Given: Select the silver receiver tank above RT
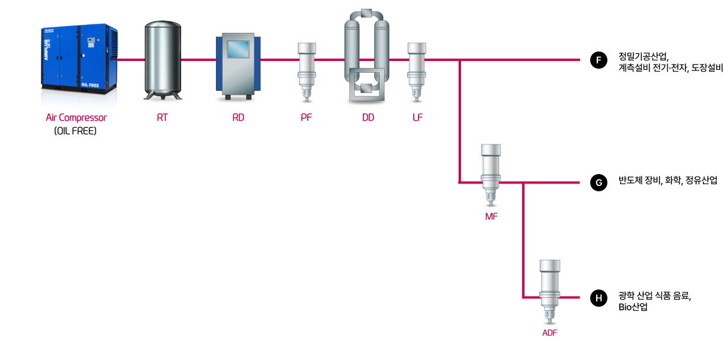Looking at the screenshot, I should click(162, 59).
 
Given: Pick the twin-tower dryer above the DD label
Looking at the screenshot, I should click(368, 56).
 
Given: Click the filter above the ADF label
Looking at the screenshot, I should click(549, 290).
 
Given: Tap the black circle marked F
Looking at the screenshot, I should click(598, 60).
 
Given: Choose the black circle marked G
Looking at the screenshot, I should click(598, 182).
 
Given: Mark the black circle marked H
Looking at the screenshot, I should click(598, 298).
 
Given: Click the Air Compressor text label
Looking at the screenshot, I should click(76, 118).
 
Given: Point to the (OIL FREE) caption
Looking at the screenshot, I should click(75, 131).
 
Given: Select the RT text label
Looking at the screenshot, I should click(162, 118).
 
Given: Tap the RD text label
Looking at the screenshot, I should click(238, 118).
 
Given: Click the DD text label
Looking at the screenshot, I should click(368, 118).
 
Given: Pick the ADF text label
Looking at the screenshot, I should click(549, 333).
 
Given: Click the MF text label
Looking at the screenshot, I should click(491, 217).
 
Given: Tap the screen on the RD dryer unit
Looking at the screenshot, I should click(238, 49).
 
